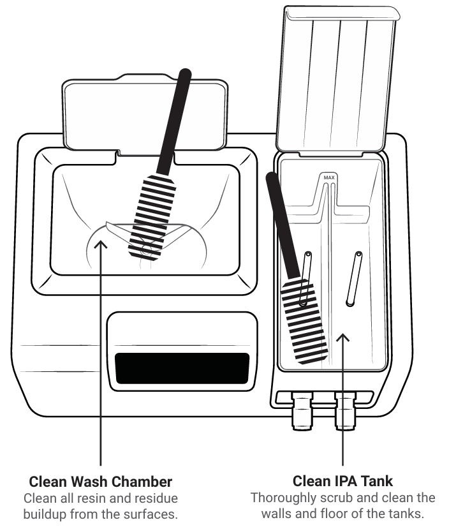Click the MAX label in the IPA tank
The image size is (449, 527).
pos(328,177)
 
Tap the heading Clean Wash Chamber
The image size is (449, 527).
pos(101,480)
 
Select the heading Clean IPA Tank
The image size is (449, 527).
pos(344,480)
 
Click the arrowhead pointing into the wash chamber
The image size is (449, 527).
pos(101,242)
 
